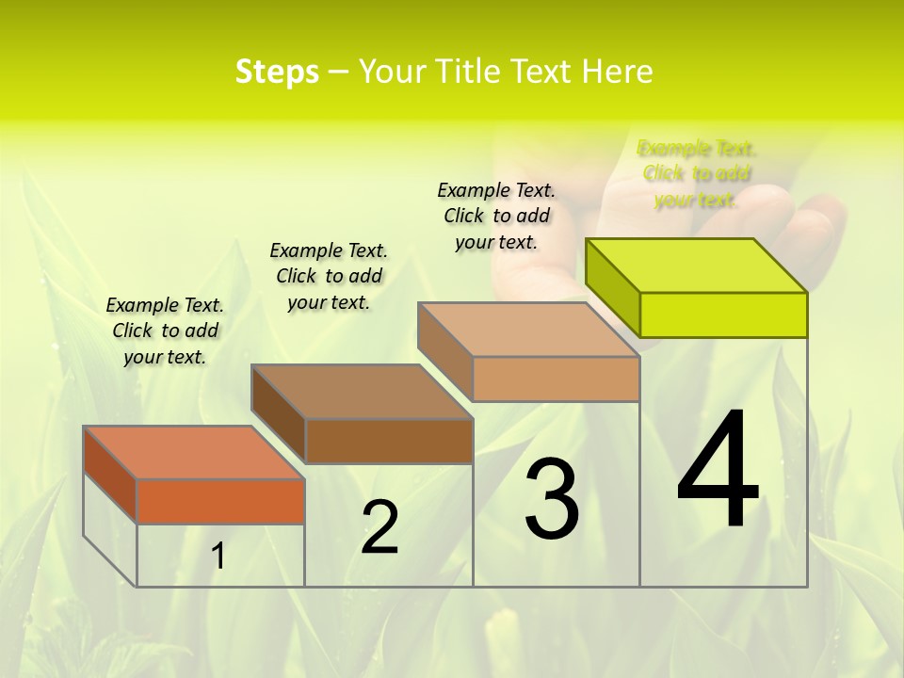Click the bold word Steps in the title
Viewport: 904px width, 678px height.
tap(277, 72)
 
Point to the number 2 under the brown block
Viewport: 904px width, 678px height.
tap(379, 527)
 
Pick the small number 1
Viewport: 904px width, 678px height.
tap(218, 557)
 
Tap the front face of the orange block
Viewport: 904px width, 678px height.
tap(220, 501)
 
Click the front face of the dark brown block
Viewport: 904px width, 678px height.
tap(389, 441)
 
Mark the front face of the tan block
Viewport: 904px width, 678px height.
tap(556, 379)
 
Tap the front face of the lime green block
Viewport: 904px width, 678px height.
tap(723, 315)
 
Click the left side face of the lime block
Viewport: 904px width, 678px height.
tap(613, 288)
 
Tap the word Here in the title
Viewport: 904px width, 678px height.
tap(620, 72)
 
